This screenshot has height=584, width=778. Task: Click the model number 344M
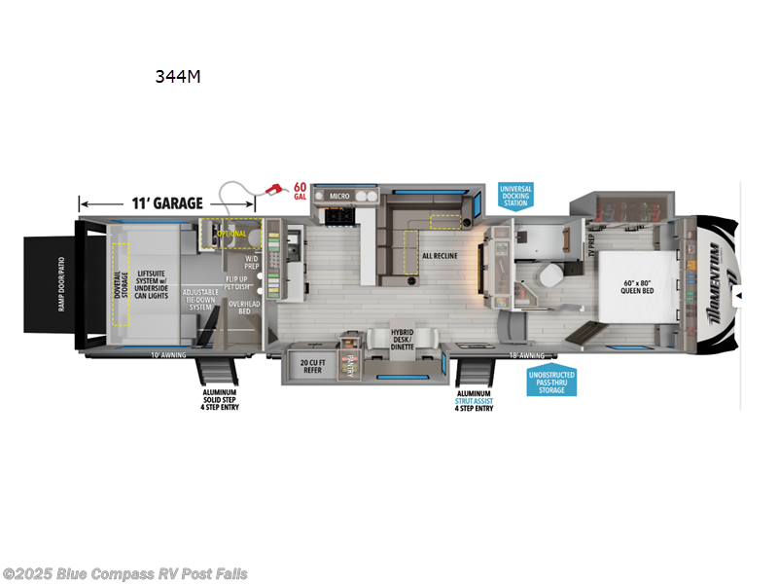coord(177,77)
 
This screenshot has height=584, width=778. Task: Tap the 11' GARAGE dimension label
coord(167,203)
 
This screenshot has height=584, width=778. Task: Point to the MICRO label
coord(338,196)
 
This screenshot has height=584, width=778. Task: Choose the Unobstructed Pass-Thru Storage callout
coord(550,383)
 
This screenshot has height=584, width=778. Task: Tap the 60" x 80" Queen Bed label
coord(643,288)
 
